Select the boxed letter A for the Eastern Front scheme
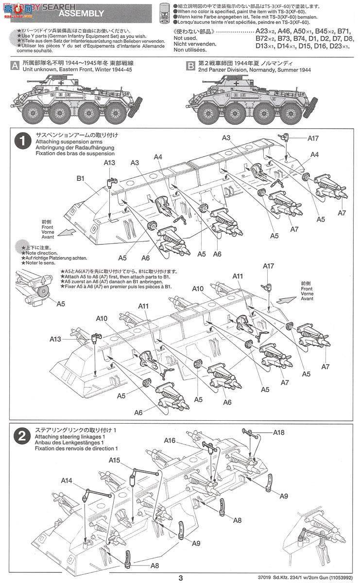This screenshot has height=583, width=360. (x=16, y=67)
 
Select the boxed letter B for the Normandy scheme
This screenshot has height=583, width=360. (x=191, y=67)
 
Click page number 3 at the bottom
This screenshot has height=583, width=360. (x=180, y=577)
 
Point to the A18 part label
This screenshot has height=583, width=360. (x=278, y=432)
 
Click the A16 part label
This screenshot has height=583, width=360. (x=170, y=440)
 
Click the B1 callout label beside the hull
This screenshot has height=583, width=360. (x=81, y=178)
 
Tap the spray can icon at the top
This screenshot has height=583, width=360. (x=165, y=13)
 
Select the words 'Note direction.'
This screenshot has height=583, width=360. (x=40, y=253)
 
